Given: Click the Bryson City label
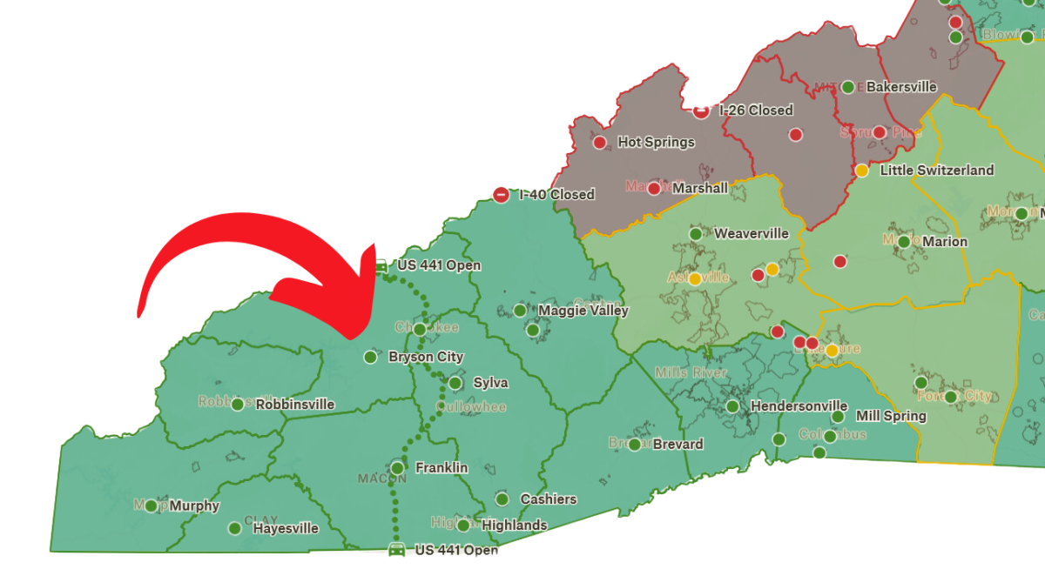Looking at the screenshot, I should pyautogui.click(x=426, y=357).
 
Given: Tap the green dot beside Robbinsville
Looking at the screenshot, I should pyautogui.click(x=237, y=404).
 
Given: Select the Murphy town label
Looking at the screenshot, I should pyautogui.click(x=194, y=506).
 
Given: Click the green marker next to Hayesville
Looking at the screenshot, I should pyautogui.click(x=234, y=528).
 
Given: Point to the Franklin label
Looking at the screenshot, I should pyautogui.click(x=442, y=467).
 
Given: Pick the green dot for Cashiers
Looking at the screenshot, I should pyautogui.click(x=502, y=499).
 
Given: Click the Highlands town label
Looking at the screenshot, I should pyautogui.click(x=514, y=525).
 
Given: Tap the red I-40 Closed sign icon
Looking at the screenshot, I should pyautogui.click(x=501, y=195).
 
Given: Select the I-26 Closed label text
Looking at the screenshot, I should pyautogui.click(x=756, y=110).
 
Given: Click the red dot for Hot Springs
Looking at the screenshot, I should pyautogui.click(x=599, y=142).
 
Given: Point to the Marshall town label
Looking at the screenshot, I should pyautogui.click(x=700, y=188).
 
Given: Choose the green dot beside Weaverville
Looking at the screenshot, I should pyautogui.click(x=696, y=233).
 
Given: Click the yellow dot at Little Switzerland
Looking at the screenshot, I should pyautogui.click(x=862, y=171).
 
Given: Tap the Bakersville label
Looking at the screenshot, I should pyautogui.click(x=901, y=86).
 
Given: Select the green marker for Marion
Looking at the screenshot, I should pyautogui.click(x=904, y=242).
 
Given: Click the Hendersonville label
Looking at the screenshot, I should pyautogui.click(x=799, y=405).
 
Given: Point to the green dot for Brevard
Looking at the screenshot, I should pyautogui.click(x=634, y=445).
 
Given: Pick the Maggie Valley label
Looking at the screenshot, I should pyautogui.click(x=583, y=310).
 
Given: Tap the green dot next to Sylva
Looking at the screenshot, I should pyautogui.click(x=455, y=383).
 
